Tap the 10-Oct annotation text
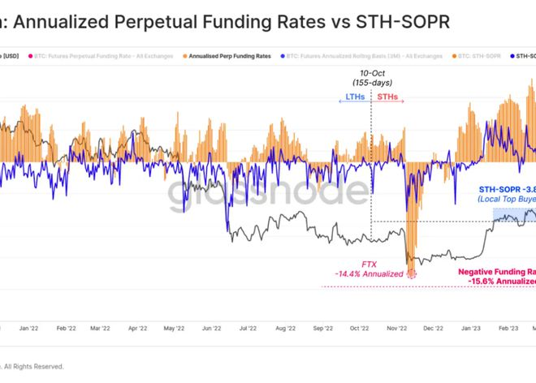371,73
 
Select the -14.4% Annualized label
370,274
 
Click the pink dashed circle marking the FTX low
411,274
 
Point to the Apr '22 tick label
137,329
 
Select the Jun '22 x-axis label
212,329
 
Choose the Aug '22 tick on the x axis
285,329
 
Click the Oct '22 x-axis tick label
359,329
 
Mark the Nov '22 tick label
396,329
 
